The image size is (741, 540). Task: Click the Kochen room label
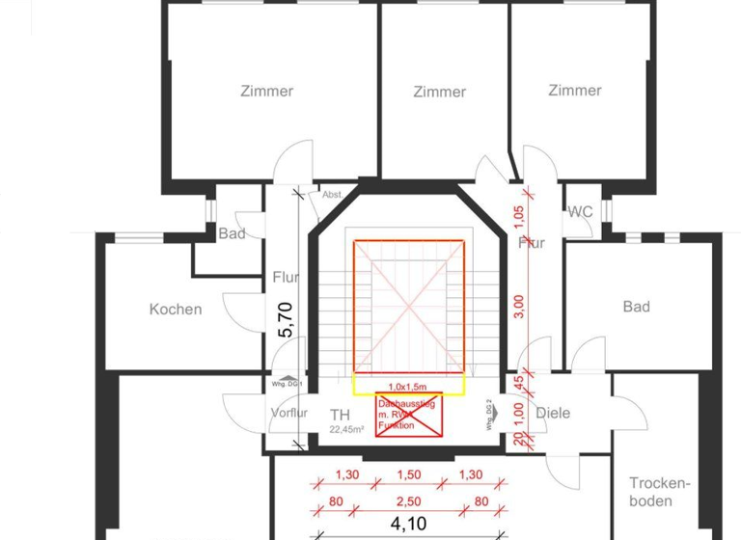tap(176, 310)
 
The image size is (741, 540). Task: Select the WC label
tap(580, 211)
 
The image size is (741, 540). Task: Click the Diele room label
tap(552, 413)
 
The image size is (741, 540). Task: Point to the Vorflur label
tap(288, 413)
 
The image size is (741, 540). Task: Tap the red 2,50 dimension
tap(409, 500)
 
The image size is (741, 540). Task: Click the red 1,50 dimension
tap(409, 475)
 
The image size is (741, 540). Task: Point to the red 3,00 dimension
tap(518, 305)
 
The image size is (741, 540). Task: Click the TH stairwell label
tap(340, 416)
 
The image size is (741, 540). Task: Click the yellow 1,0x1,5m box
tap(409, 385)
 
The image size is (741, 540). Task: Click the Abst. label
tap(333, 194)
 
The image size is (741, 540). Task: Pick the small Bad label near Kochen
tap(232, 233)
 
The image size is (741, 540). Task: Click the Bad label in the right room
tap(636, 307)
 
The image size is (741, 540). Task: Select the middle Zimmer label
tap(439, 92)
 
